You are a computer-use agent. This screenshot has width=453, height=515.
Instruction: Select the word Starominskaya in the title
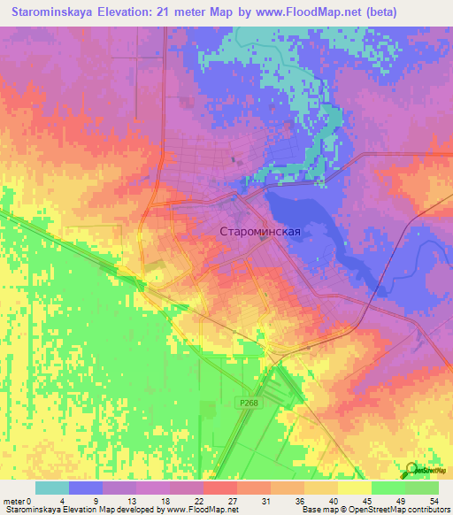click(x=54, y=12)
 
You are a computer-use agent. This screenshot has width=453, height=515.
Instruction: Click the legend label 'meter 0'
click(x=19, y=501)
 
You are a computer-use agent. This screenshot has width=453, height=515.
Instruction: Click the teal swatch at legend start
click(x=52, y=488)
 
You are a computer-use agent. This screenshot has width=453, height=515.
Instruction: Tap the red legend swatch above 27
click(x=220, y=488)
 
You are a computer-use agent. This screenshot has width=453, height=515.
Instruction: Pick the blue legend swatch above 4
click(x=86, y=488)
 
